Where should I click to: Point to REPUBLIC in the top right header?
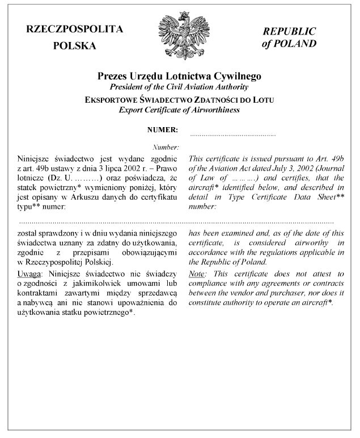(289, 32)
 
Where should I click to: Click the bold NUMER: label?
(163, 130)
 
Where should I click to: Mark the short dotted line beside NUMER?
(233, 136)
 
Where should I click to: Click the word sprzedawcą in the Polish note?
(159, 292)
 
